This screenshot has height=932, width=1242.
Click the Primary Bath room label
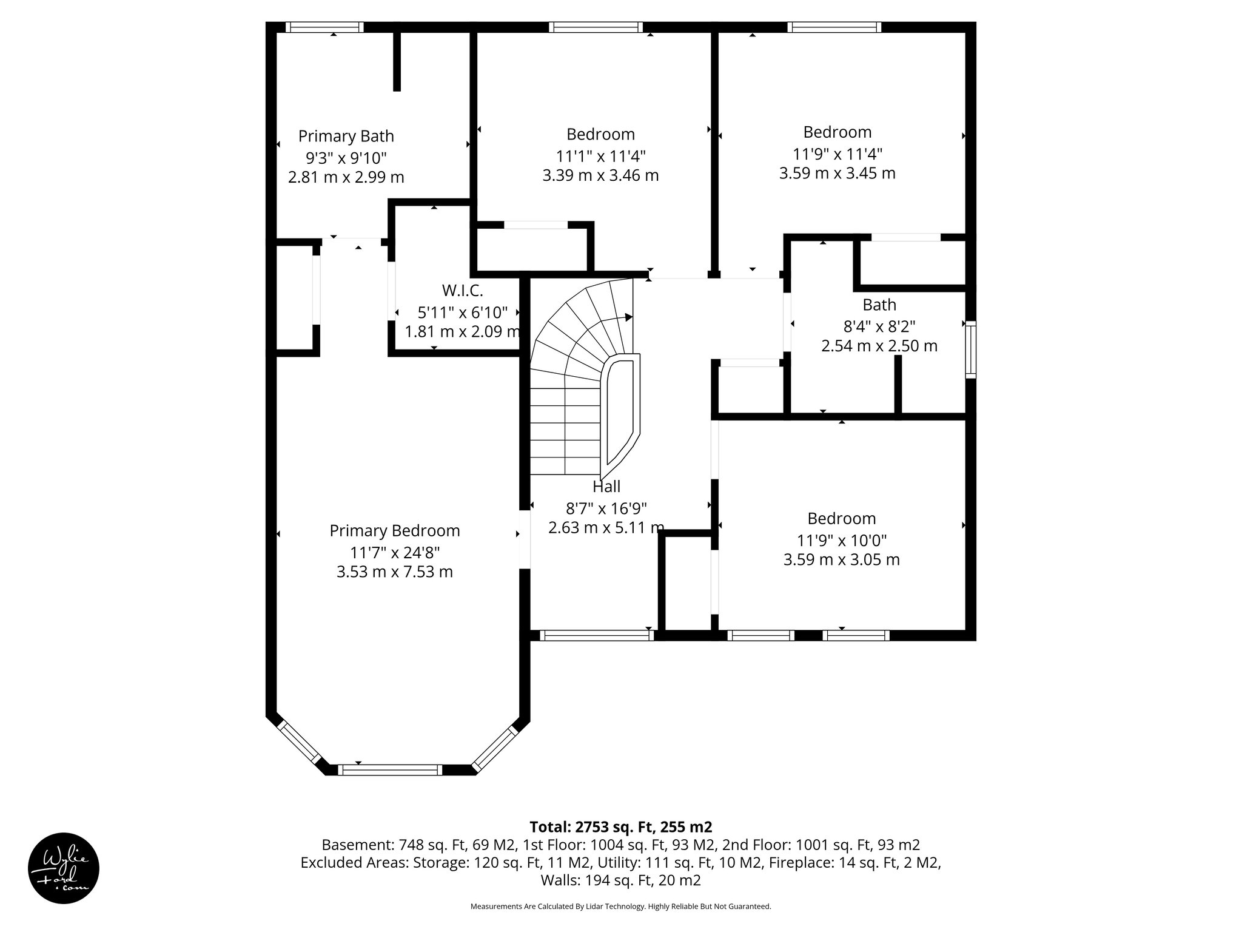pyautogui.click(x=346, y=136)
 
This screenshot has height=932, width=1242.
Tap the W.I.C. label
pyautogui.click(x=462, y=291)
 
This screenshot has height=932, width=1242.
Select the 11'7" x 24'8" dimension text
pyautogui.click(x=394, y=553)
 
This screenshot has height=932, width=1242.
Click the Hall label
pyautogui.click(x=606, y=487)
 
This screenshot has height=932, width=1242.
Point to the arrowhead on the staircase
pyautogui.click(x=629, y=317)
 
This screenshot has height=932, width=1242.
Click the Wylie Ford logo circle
pyautogui.click(x=64, y=868)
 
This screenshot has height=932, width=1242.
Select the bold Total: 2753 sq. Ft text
pyautogui.click(x=620, y=827)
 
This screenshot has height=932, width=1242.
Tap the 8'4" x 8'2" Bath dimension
pyautogui.click(x=879, y=326)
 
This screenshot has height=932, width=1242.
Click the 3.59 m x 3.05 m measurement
pyautogui.click(x=841, y=559)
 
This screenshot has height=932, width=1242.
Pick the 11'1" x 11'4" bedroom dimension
pyautogui.click(x=600, y=156)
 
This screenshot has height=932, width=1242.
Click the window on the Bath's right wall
pyautogui.click(x=970, y=349)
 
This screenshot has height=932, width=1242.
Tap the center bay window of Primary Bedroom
pyautogui.click(x=390, y=769)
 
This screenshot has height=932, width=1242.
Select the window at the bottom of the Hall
pyautogui.click(x=597, y=635)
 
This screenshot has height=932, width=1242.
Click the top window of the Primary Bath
pyautogui.click(x=324, y=27)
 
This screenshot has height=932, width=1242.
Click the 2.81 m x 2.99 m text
pyautogui.click(x=346, y=178)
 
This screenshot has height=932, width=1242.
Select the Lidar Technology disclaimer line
pyautogui.click(x=620, y=907)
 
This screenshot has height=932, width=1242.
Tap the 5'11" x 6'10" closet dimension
pyautogui.click(x=462, y=312)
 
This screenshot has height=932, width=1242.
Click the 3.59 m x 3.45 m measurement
pyautogui.click(x=837, y=174)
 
